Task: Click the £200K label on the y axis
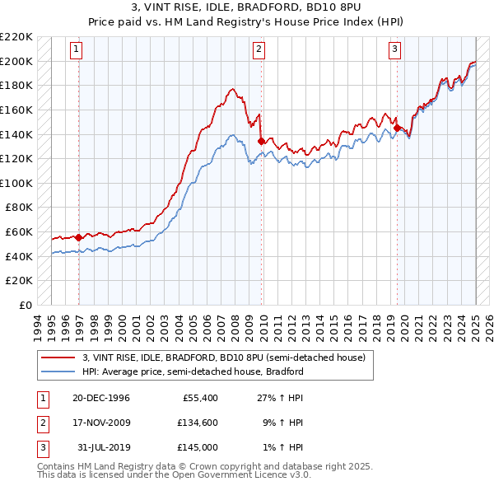click(16, 61)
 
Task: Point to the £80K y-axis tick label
click(19, 208)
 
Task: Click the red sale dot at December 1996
click(79, 237)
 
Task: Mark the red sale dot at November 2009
click(261, 141)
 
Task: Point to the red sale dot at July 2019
click(397, 128)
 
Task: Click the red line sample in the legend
click(59, 357)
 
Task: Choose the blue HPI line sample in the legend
click(59, 372)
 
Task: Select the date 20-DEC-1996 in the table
click(101, 398)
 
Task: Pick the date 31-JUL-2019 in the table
click(103, 447)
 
